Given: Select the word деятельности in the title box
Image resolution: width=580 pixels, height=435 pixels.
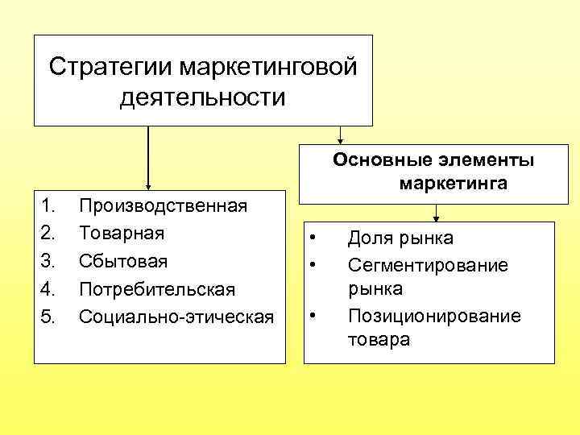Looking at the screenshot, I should point(202,98).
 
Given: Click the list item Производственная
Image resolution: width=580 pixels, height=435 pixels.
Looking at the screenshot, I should point(163,205).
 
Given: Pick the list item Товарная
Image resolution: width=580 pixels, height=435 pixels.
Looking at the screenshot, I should point(122,233).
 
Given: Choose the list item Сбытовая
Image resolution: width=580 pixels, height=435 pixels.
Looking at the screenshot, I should point(123,260).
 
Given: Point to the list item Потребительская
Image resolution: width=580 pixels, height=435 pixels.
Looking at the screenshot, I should point(157,288).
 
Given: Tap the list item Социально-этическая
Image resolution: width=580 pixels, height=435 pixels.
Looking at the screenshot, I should point(176,315).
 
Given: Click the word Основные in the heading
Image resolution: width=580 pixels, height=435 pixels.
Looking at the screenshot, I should point(375,159).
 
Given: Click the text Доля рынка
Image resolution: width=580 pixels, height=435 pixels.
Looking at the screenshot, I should point(400,238).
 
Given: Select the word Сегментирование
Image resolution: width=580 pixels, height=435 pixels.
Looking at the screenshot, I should point(428,264).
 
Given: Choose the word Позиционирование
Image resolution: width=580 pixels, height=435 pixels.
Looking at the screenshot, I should point(434,315).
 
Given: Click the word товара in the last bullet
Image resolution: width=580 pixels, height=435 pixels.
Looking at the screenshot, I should point(379,339).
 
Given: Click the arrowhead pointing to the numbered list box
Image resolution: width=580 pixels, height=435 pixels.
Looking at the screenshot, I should point(148,185).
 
